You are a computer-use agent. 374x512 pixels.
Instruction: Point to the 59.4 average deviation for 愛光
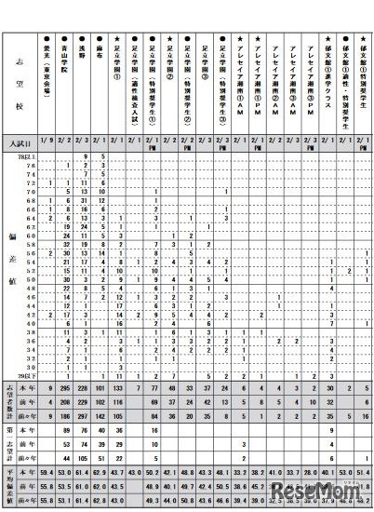[50, 476]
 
